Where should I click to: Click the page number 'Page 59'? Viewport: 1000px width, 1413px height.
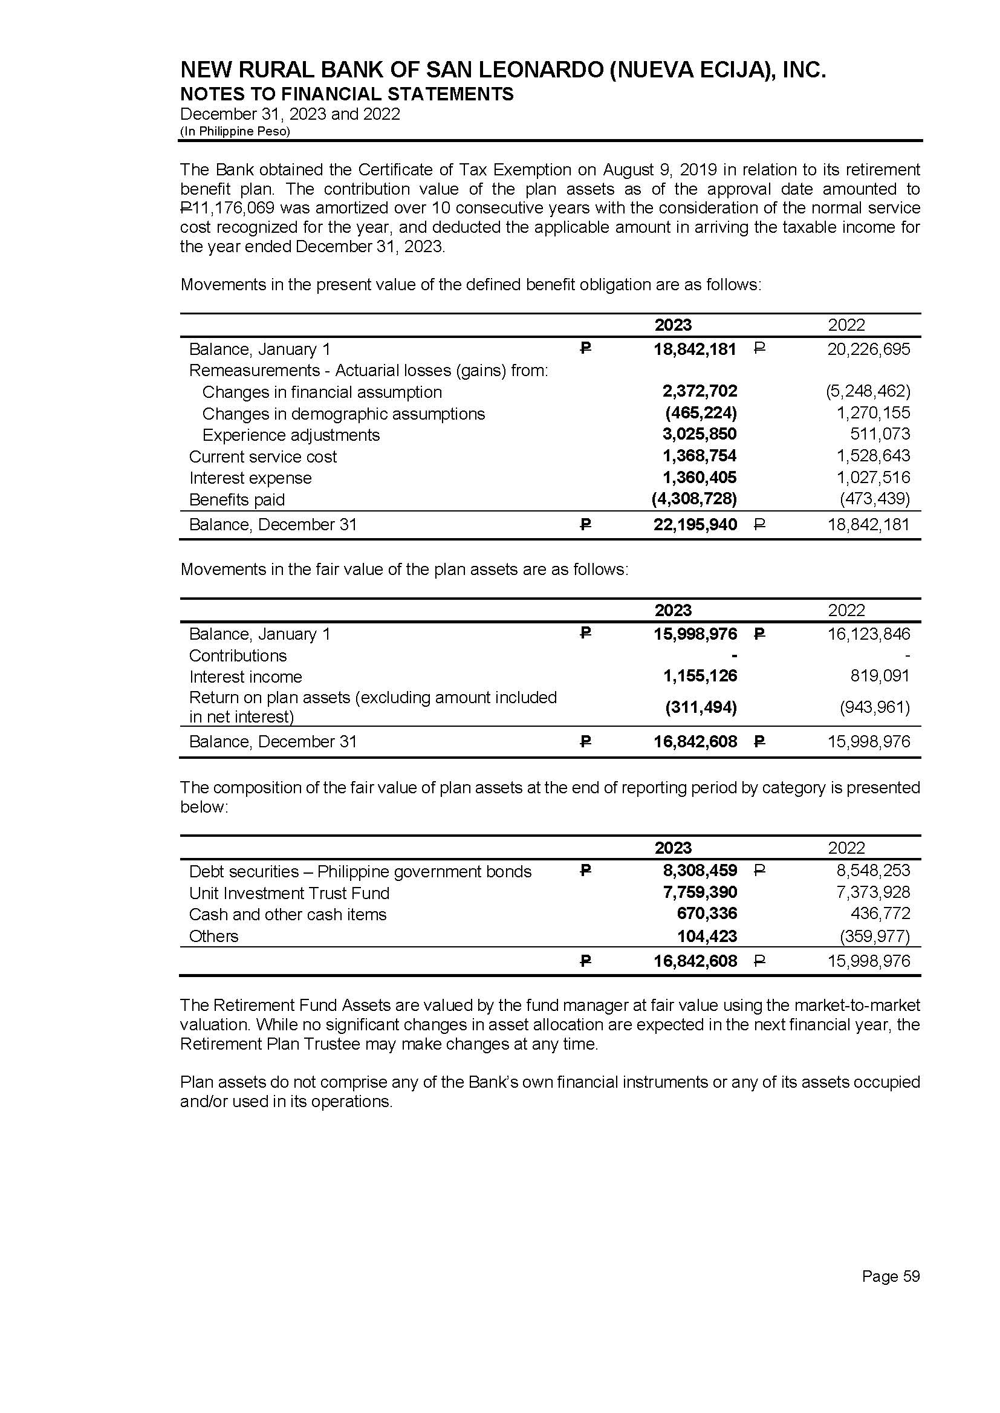[x=891, y=1276]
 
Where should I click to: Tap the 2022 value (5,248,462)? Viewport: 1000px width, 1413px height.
[x=868, y=391]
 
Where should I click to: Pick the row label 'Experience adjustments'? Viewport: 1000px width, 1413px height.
[x=291, y=435]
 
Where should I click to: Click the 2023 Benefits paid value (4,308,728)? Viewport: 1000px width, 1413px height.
[x=694, y=499]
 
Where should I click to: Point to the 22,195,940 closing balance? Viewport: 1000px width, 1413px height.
[x=695, y=525]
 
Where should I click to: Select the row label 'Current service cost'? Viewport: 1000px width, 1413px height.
[x=263, y=457]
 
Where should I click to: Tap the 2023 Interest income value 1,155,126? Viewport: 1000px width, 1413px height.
[x=700, y=676]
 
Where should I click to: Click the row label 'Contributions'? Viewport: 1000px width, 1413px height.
[x=238, y=655]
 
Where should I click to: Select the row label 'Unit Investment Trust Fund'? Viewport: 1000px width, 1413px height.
[x=289, y=893]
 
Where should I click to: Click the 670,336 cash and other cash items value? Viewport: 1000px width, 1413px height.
[x=707, y=914]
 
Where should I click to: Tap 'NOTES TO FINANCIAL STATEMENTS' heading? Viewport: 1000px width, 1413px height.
[x=346, y=94]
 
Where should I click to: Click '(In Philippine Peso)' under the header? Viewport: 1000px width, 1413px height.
[x=235, y=131]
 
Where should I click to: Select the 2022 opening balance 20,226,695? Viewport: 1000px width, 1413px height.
[x=868, y=349]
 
